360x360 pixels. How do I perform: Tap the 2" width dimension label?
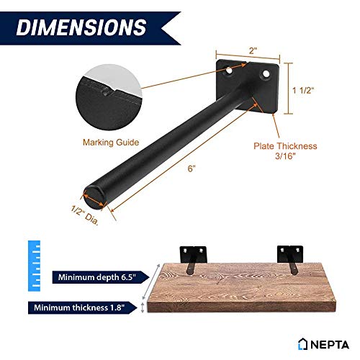click(253, 51)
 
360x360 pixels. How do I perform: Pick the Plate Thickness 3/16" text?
click(285, 152)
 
